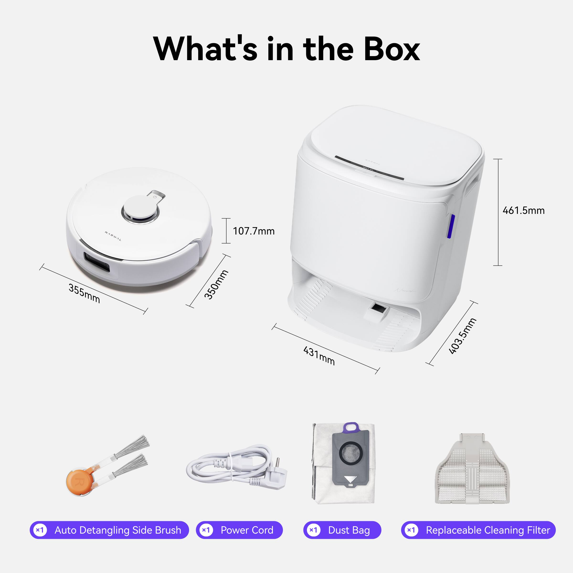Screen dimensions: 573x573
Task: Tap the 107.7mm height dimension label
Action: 254,231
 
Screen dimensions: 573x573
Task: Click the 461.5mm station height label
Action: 524,211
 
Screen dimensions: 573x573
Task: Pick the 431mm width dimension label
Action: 319,356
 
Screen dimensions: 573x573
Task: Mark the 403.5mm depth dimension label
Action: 462,336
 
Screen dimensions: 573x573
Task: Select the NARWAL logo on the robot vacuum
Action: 113,236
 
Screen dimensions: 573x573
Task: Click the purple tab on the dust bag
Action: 351,427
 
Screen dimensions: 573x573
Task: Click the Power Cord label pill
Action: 239,530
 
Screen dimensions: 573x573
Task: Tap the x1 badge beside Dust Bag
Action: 313,530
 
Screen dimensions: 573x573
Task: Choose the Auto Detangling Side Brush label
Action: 109,530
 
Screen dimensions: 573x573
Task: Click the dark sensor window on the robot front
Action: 97,262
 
